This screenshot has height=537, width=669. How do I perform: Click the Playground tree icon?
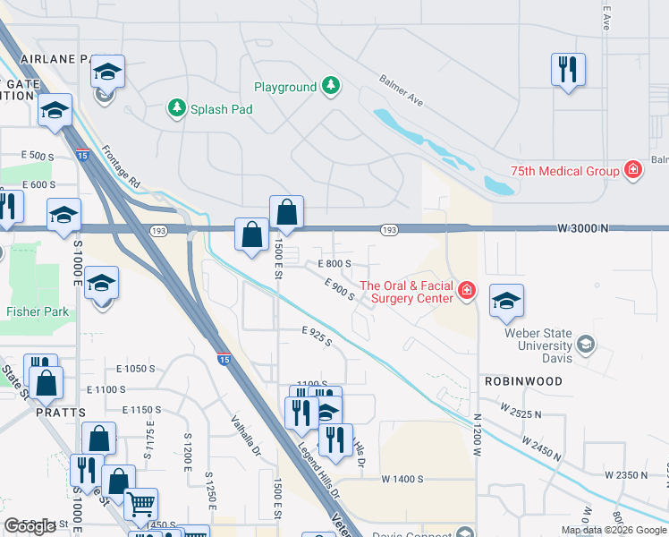(x=332, y=87)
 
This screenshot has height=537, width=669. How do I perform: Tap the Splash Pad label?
(x=221, y=109)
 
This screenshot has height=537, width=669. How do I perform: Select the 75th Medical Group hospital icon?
(x=633, y=170)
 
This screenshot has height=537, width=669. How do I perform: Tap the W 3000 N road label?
(x=581, y=228)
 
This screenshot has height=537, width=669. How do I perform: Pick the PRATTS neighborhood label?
(x=61, y=413)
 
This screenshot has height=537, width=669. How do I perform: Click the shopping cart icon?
(x=140, y=503)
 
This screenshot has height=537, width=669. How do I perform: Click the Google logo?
(x=30, y=526)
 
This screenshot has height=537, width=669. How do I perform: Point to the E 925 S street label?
(x=317, y=337)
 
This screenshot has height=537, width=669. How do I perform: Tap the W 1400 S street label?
(x=402, y=480)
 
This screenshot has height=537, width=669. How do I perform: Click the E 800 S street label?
(x=335, y=264)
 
